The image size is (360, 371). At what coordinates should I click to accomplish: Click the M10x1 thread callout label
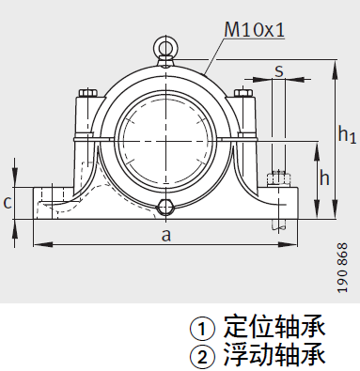254,30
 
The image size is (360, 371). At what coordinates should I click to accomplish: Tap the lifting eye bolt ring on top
165,45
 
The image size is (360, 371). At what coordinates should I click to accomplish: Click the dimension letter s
280,70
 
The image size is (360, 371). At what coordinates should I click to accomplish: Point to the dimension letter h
324,178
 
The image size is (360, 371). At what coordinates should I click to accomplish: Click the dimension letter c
8,201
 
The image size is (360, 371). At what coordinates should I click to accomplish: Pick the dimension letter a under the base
166,235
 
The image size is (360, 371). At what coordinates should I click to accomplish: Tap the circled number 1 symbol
202,330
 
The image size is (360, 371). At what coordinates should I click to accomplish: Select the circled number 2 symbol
202,357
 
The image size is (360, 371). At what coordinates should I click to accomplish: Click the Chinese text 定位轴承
274,328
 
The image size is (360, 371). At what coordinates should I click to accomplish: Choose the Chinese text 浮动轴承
274,356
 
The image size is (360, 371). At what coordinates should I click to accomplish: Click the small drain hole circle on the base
166,207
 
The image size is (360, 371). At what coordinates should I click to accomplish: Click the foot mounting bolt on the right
278,177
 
